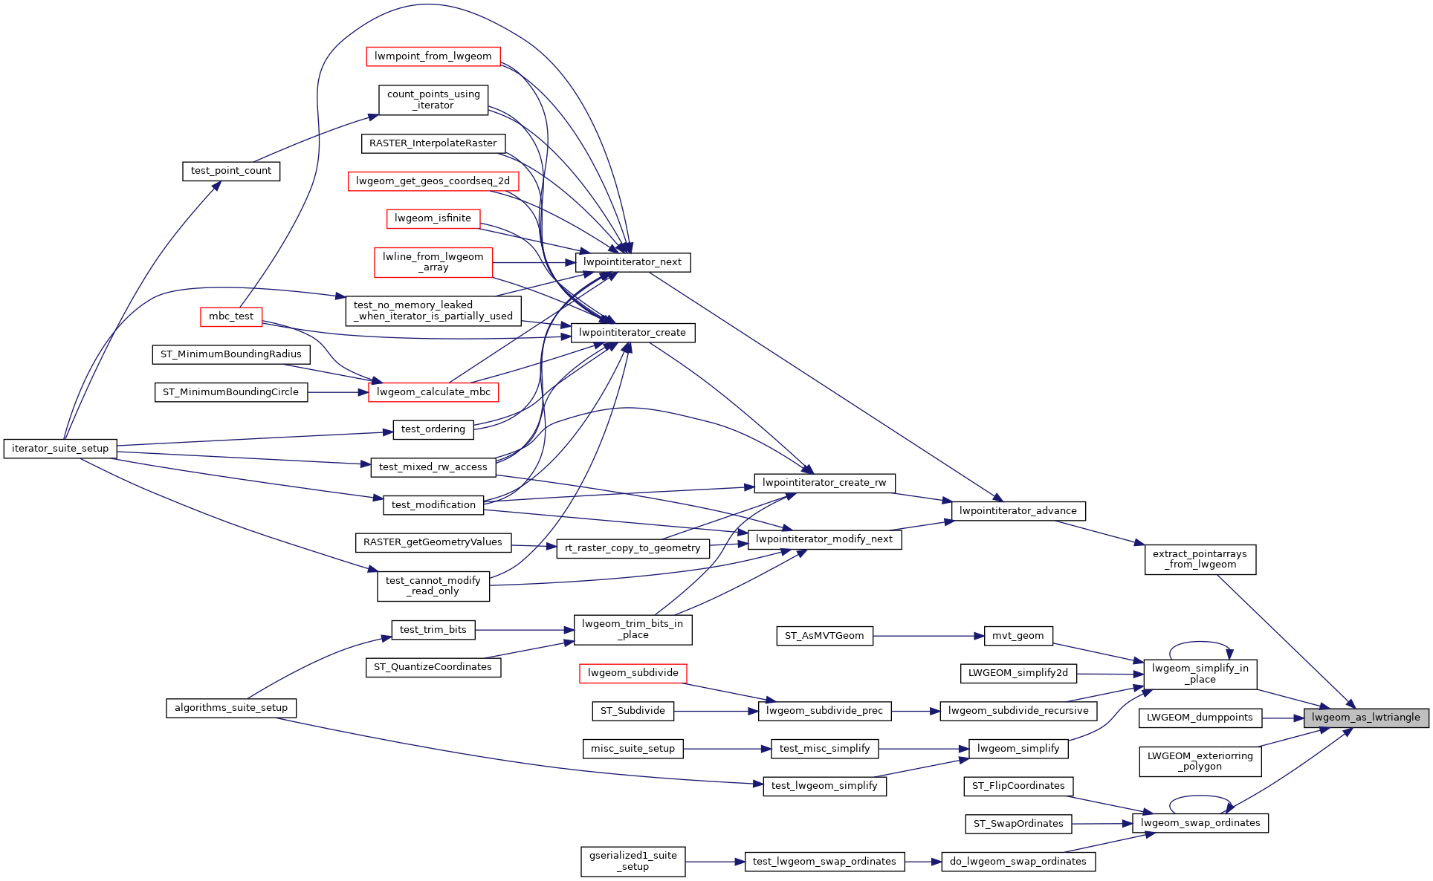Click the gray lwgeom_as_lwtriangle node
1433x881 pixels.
coord(1365,718)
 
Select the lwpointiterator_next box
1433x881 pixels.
coord(633,262)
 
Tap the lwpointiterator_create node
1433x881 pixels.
coord(633,333)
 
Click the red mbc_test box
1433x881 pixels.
coord(231,316)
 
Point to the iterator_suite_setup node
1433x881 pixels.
coord(60,449)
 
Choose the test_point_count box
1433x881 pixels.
coord(231,171)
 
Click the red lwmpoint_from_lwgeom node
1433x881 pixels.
coord(433,56)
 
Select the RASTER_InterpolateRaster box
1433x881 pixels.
coord(433,143)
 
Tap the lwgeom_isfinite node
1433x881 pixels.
coord(433,218)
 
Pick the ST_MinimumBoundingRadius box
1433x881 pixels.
coord(231,354)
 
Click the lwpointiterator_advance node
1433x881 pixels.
coord(1018,511)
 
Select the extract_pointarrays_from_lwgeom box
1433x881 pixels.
coord(1200,559)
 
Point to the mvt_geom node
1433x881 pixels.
coord(1018,636)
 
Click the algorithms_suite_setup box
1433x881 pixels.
coord(231,708)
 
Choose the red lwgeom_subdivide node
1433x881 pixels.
coord(633,673)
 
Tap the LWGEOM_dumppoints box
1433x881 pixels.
coord(1200,718)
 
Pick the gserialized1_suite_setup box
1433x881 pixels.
coord(633,862)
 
